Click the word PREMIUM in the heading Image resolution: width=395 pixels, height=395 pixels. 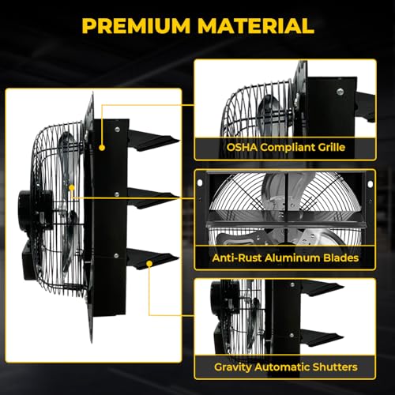pyautogui.click(x=136, y=26)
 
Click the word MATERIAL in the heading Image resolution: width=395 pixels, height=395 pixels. pyautogui.click(x=256, y=26)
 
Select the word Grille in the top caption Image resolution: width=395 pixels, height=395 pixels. pyautogui.click(x=332, y=147)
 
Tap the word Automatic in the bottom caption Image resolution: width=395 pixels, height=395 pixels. pyautogui.click(x=279, y=367)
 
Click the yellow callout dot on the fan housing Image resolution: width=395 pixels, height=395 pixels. pyautogui.click(x=102, y=148)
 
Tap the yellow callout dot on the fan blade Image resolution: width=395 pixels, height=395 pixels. pyautogui.click(x=72, y=188)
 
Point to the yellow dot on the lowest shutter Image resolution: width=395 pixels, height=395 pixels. pyautogui.click(x=149, y=264)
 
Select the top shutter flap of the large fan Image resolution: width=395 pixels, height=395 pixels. pyautogui.click(x=152, y=141)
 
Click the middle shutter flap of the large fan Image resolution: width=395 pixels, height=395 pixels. pyautogui.click(x=152, y=199)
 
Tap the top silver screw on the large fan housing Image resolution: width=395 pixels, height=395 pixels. pyautogui.click(x=117, y=130)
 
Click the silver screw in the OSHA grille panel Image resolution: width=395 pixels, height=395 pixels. pyautogui.click(x=340, y=92)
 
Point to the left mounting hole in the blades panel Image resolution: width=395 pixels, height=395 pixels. pyautogui.click(x=200, y=182)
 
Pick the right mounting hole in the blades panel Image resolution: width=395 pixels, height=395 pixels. pyautogui.click(x=371, y=184)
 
